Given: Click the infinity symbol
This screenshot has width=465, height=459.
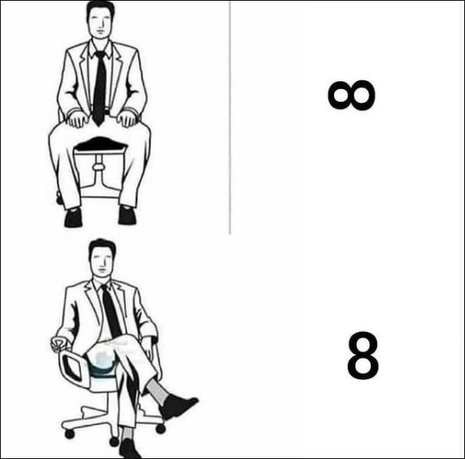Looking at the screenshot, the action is (x=352, y=95).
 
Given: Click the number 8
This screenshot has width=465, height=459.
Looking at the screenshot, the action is (x=363, y=355).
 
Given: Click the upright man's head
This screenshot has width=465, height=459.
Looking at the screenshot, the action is (x=100, y=20).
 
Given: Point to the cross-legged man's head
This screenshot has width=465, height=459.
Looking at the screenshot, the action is (x=103, y=258).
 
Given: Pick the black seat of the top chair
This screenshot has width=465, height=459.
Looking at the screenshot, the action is (x=101, y=144).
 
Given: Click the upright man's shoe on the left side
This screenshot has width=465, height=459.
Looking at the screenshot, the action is (x=73, y=218).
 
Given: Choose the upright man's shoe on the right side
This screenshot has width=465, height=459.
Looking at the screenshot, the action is (x=127, y=215).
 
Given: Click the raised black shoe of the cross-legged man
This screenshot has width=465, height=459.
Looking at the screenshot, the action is (x=177, y=406).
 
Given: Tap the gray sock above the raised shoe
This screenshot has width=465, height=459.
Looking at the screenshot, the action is (x=157, y=391).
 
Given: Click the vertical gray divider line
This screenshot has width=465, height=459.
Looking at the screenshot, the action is (x=230, y=117).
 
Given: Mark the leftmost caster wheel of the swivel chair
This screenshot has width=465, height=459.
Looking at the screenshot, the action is (x=70, y=434).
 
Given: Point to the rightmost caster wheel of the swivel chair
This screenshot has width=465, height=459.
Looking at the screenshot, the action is (x=161, y=429).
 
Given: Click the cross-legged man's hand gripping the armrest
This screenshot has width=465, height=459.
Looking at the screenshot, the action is (x=59, y=344).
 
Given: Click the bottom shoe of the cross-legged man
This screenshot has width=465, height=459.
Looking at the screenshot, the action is (x=129, y=448).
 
